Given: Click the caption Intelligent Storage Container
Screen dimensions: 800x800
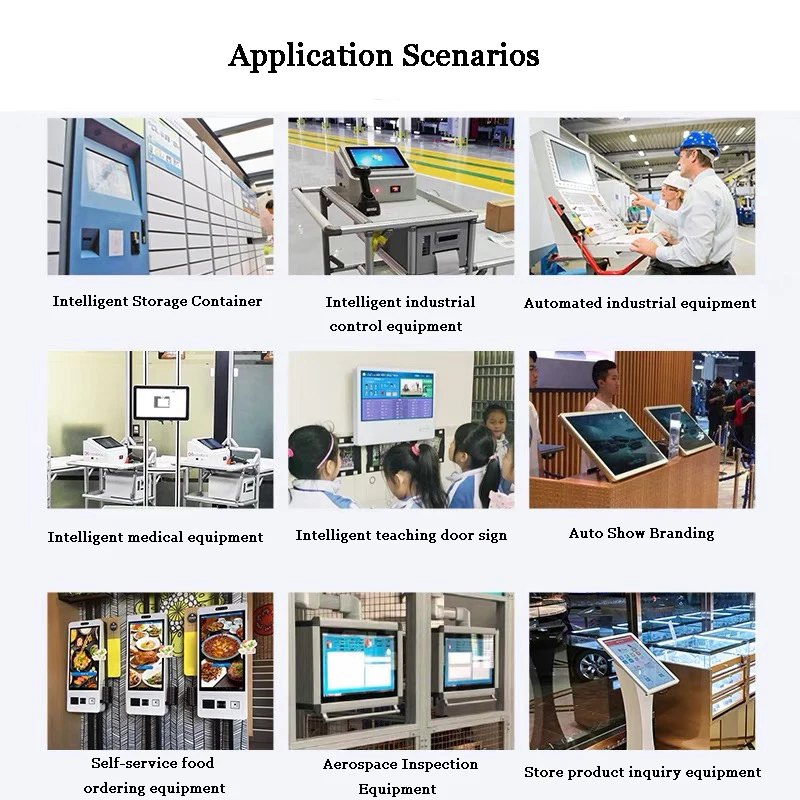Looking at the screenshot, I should point(157,301).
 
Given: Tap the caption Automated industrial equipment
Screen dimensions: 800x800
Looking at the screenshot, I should point(640,303).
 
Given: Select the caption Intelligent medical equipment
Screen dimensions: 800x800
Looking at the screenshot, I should point(155,537).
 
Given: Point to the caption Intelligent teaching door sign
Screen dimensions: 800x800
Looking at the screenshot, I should point(401,535).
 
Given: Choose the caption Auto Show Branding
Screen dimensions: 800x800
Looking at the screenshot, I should point(641,533).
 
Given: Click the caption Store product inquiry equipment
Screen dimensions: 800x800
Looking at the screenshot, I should point(642,772).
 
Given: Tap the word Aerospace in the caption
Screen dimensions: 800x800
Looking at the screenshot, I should point(358,764).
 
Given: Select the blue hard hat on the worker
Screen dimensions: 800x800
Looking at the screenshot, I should point(697,142).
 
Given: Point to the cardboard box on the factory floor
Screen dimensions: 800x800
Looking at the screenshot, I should point(500,215).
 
